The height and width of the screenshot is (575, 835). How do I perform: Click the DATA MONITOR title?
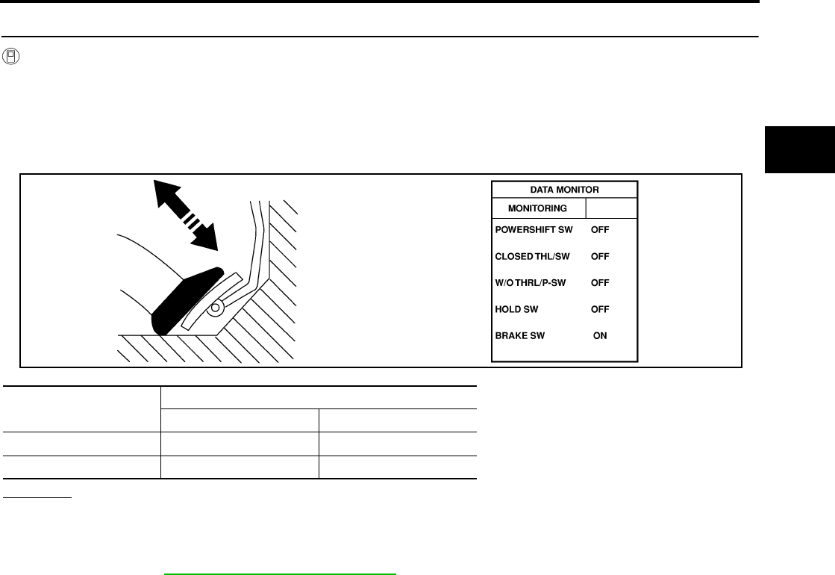point(564,190)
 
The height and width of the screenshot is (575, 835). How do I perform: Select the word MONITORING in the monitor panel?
point(537,208)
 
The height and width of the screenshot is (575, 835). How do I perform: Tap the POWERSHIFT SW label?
point(534,230)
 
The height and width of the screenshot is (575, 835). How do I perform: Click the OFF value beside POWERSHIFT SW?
point(600,230)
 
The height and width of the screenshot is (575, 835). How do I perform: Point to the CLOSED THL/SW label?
point(532,256)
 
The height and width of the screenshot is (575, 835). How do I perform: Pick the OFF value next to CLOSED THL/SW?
point(600,256)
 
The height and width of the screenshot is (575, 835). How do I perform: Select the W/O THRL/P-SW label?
point(531,283)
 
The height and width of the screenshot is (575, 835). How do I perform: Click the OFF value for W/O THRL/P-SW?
point(600,283)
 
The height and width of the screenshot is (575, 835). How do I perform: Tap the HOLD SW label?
point(516,309)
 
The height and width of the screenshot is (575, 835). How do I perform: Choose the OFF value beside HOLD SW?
point(600,309)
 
